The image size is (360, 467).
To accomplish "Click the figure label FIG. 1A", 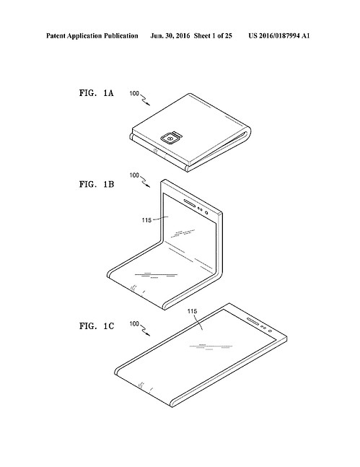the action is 96,93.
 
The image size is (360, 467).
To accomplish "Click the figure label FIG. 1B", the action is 97,184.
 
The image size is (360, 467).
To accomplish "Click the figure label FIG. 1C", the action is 97,326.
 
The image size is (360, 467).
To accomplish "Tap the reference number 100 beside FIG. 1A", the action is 134,94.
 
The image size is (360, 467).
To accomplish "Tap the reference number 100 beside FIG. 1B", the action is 134,175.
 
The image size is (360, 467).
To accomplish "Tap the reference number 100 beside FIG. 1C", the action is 134,324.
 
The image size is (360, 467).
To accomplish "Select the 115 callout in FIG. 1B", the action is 146,220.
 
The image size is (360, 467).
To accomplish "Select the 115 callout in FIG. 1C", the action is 192,311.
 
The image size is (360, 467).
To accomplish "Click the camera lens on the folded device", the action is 170,139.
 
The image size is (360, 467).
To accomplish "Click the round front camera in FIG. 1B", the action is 206,212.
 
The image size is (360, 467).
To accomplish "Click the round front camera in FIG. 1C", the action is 270,331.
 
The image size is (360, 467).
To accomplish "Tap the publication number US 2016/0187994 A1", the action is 279,36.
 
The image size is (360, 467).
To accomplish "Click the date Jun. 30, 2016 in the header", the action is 170,36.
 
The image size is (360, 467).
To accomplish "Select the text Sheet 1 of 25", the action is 213,36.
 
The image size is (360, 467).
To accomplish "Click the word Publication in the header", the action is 121,36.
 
